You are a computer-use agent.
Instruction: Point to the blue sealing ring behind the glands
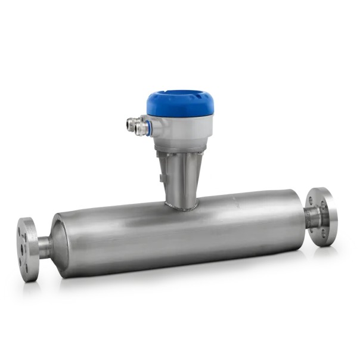click(149, 127)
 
